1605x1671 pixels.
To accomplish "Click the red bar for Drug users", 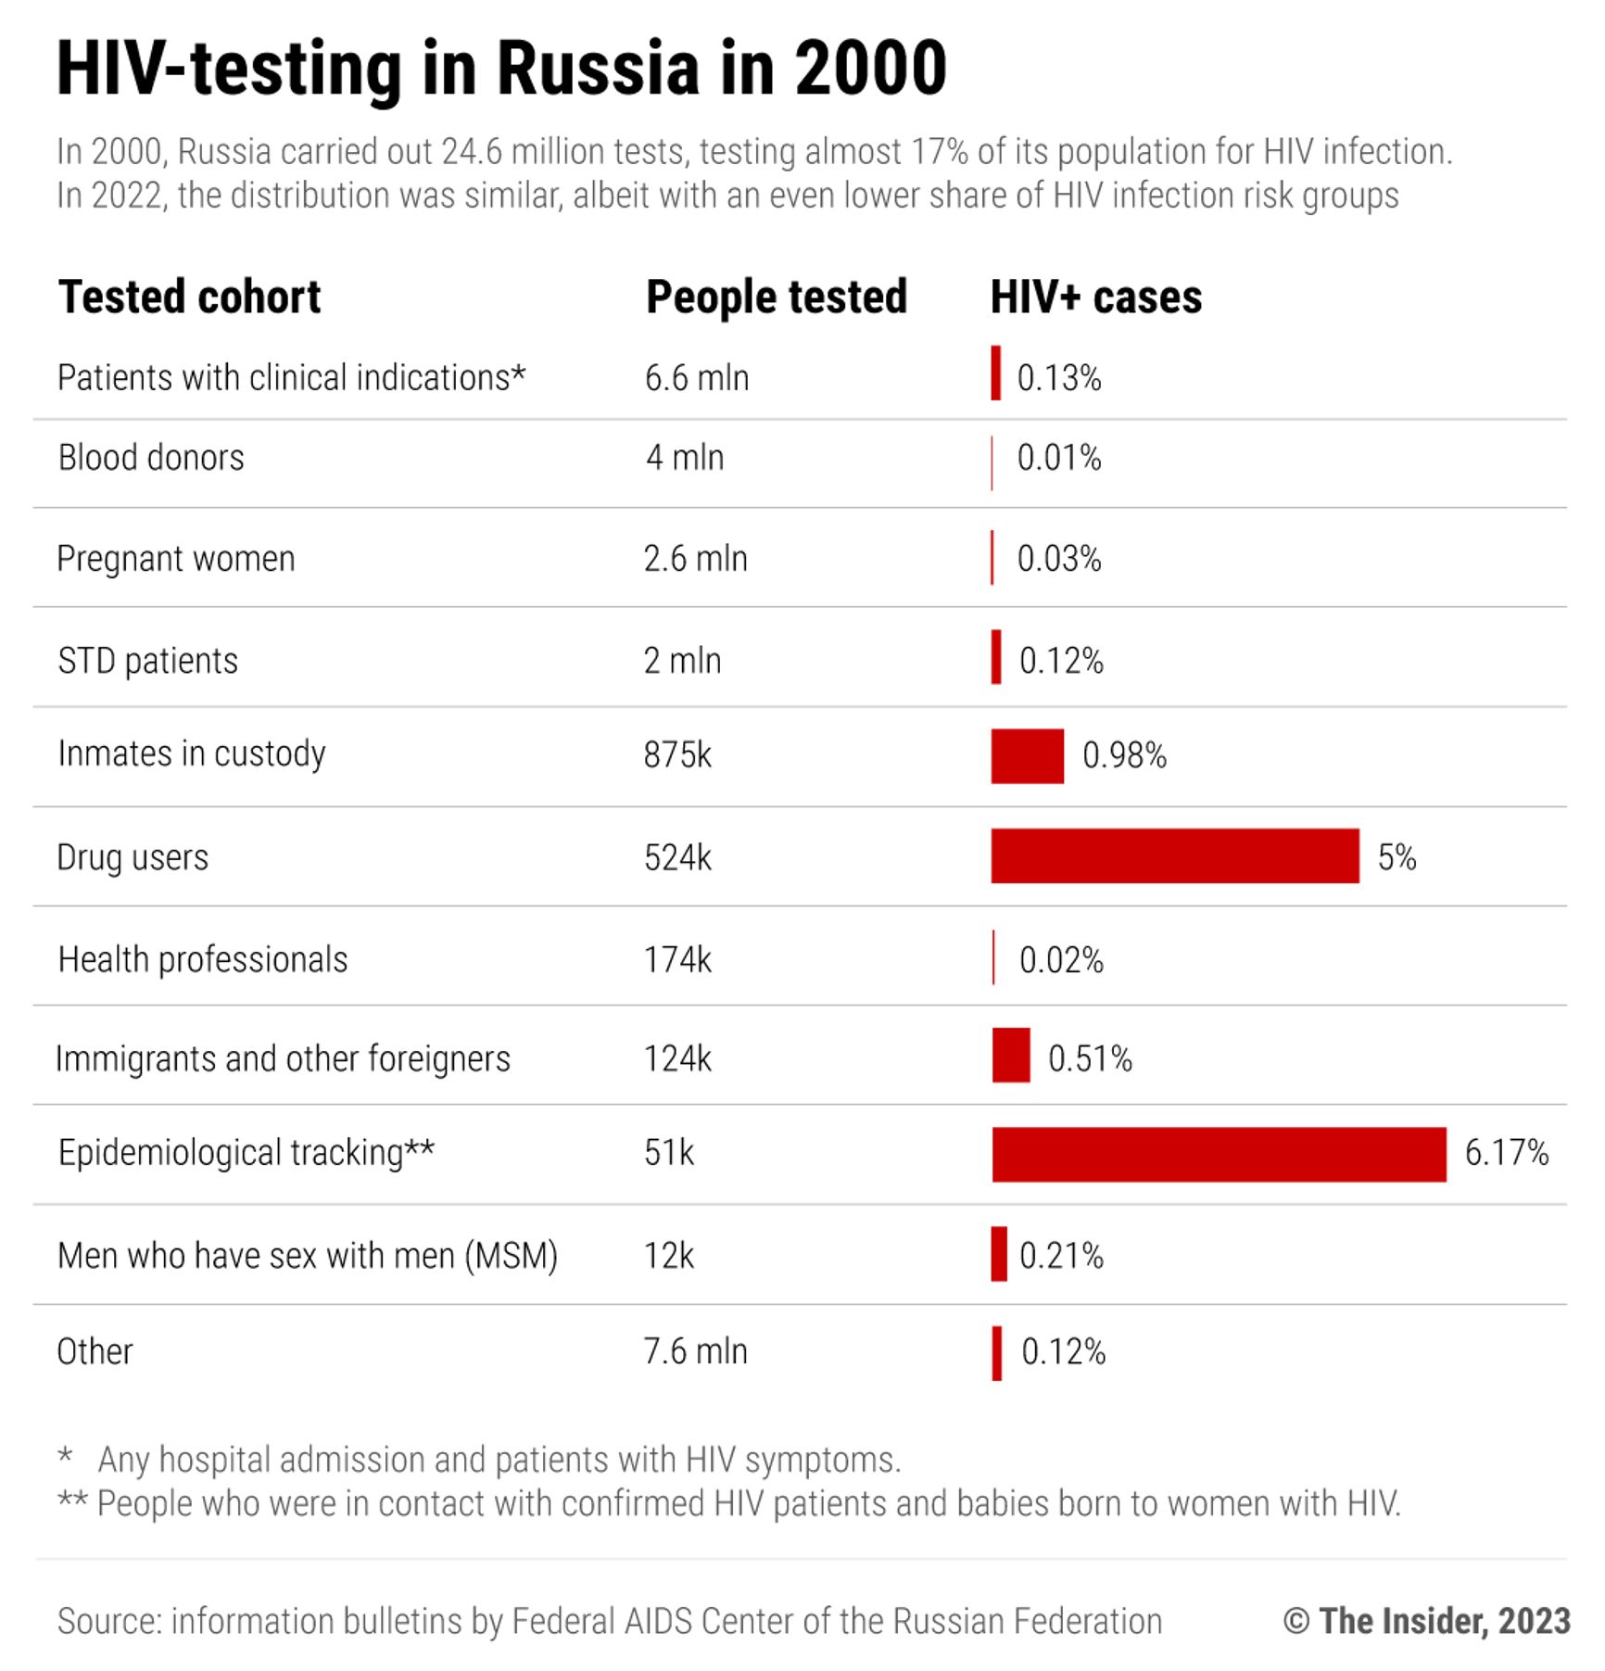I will [x=1174, y=855].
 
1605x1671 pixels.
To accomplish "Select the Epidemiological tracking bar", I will [x=1219, y=1154].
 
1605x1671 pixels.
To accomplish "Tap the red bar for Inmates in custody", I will [x=1027, y=755].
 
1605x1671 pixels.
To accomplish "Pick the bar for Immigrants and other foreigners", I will [x=1010, y=1055].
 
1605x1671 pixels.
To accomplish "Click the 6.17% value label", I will [x=1506, y=1153].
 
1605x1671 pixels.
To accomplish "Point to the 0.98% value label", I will [x=1124, y=755].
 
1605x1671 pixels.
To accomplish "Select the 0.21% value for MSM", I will [x=1061, y=1256].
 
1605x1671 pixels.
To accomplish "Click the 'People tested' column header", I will [x=776, y=297].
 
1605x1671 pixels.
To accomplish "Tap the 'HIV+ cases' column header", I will [x=1095, y=297].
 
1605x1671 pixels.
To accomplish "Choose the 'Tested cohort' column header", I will [x=189, y=297].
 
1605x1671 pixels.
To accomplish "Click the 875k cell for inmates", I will [x=677, y=755].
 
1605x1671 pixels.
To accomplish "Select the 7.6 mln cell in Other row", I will [x=695, y=1351].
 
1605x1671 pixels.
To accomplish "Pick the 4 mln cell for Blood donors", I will [x=684, y=458].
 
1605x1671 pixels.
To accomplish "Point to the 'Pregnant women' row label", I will [x=176, y=559].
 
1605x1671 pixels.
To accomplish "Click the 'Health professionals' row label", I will [x=203, y=960].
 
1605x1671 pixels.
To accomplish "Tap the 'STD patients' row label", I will [x=148, y=661].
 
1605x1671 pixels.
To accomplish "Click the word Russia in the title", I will [x=598, y=69].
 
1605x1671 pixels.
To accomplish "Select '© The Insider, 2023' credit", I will [x=1426, y=1621].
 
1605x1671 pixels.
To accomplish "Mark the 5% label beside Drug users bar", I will [x=1396, y=857].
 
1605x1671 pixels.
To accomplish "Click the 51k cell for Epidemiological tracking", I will [x=668, y=1153].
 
